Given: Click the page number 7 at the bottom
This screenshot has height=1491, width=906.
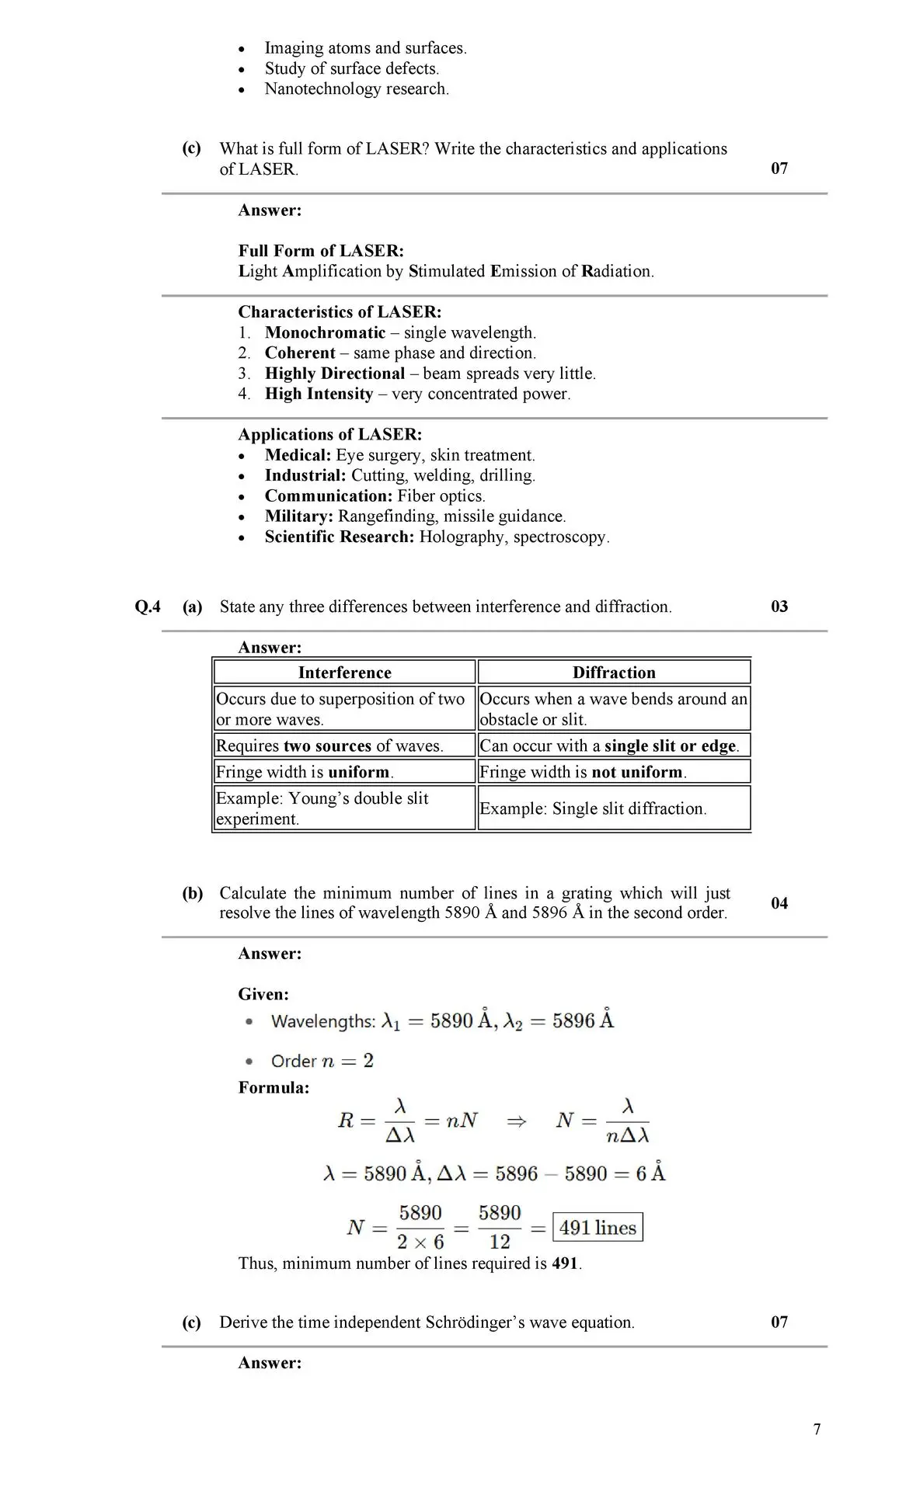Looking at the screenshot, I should pos(817,1429).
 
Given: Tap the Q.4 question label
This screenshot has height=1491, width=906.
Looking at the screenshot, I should pos(148,606).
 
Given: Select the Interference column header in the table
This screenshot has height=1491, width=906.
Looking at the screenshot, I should pos(344,673).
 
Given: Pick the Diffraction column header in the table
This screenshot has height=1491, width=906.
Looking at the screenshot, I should pos(614,673).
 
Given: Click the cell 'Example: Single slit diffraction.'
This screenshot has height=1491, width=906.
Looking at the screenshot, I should pos(593,808).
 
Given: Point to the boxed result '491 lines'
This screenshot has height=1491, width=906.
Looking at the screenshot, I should pos(598,1228).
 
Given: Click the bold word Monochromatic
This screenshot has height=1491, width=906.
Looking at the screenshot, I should pos(325,332).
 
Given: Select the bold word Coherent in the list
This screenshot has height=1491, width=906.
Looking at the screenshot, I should pos(300,353).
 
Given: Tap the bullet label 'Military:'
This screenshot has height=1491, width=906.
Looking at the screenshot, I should pos(299,516).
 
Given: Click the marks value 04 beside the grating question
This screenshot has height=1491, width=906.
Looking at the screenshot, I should pos(779,902).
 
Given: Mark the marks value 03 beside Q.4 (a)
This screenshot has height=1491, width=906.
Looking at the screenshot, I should pos(779,606).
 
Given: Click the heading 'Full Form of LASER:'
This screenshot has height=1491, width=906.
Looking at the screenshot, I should pos(321,251).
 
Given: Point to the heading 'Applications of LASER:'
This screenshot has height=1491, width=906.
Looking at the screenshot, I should pos(330,435).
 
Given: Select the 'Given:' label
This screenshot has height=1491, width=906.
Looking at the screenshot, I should pos(263,994).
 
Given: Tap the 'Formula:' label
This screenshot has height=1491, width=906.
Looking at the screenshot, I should pos(274,1087).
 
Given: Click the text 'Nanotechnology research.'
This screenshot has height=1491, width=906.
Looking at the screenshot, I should pos(357,89).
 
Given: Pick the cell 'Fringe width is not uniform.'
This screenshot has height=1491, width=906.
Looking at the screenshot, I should pos(583,772).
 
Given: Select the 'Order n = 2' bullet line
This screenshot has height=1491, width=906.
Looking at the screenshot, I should pos(322,1061).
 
